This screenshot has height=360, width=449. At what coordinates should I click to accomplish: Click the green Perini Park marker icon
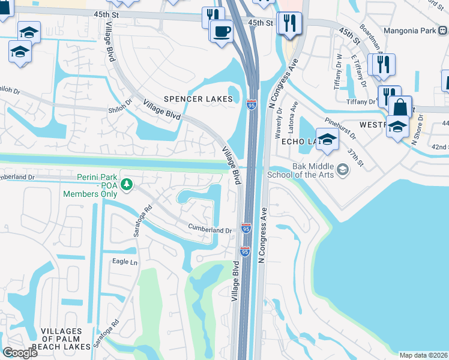click(x=126, y=184)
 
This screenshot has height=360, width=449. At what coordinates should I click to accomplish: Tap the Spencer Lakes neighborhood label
click(x=199, y=99)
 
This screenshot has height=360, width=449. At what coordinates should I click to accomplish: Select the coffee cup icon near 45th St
click(x=222, y=31)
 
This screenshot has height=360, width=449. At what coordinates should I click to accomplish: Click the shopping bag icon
click(x=400, y=108)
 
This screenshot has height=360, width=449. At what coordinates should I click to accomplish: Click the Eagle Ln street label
click(x=125, y=262)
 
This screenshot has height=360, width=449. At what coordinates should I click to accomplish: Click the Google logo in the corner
click(x=20, y=352)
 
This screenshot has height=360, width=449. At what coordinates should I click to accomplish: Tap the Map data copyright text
click(x=423, y=355)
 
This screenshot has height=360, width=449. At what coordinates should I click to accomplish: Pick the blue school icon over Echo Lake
click(x=327, y=139)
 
